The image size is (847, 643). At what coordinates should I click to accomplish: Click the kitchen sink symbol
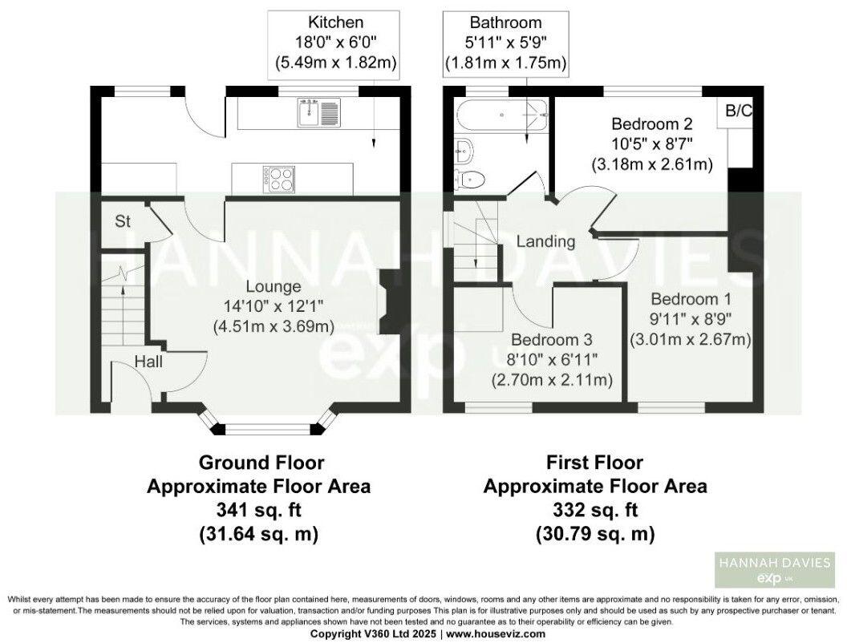318,112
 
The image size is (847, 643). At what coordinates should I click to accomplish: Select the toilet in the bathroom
468,178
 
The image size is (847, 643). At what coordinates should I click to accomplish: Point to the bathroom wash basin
462,147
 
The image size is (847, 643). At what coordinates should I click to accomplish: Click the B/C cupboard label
739,111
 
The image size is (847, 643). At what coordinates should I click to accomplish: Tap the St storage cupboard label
123,222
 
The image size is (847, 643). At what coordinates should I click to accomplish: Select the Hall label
148,362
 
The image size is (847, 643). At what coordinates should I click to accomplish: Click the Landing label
545,241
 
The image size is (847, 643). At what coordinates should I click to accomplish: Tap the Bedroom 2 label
652,124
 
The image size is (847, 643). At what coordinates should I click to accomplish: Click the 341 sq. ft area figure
261,510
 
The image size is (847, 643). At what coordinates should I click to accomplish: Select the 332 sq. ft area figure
594,510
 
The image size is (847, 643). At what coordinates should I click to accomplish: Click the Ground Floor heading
261,463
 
